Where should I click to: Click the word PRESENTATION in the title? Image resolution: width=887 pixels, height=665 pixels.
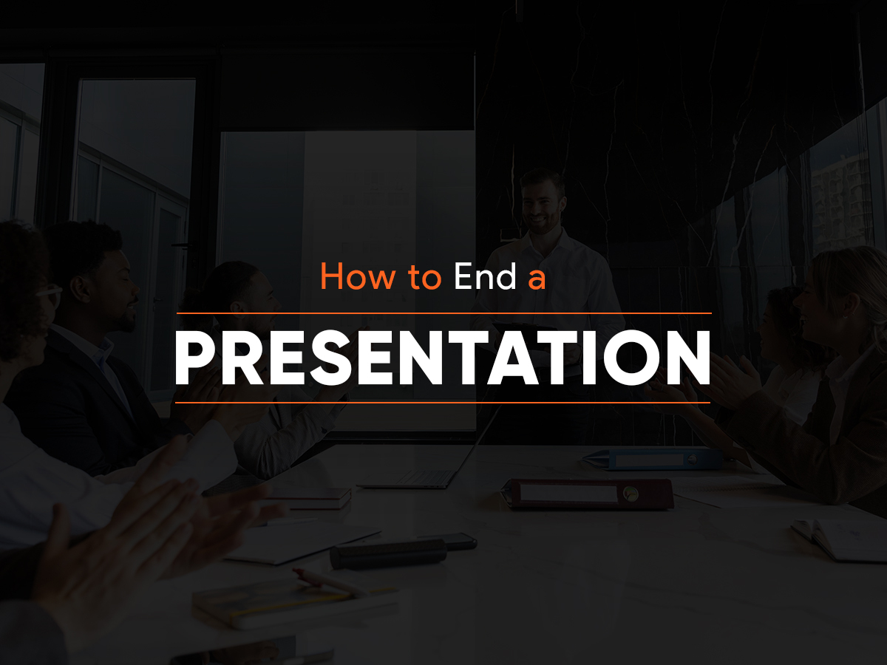[443, 358]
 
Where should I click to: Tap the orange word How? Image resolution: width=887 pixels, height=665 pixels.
[358, 276]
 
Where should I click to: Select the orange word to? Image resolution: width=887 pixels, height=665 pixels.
[424, 277]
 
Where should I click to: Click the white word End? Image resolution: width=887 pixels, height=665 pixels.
[486, 276]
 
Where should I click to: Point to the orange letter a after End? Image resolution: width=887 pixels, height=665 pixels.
[537, 281]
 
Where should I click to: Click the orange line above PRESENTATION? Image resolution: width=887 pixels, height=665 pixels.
[443, 313]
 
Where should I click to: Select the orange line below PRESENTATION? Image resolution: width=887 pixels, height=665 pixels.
[443, 403]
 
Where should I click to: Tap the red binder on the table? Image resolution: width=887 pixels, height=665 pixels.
[588, 494]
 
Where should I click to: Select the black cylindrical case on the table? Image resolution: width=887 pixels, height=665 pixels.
[388, 554]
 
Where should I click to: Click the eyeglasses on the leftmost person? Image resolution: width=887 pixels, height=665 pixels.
[50, 294]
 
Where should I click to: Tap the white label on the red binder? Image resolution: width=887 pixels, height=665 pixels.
[568, 494]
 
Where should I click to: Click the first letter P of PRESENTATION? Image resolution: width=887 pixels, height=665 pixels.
[197, 358]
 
